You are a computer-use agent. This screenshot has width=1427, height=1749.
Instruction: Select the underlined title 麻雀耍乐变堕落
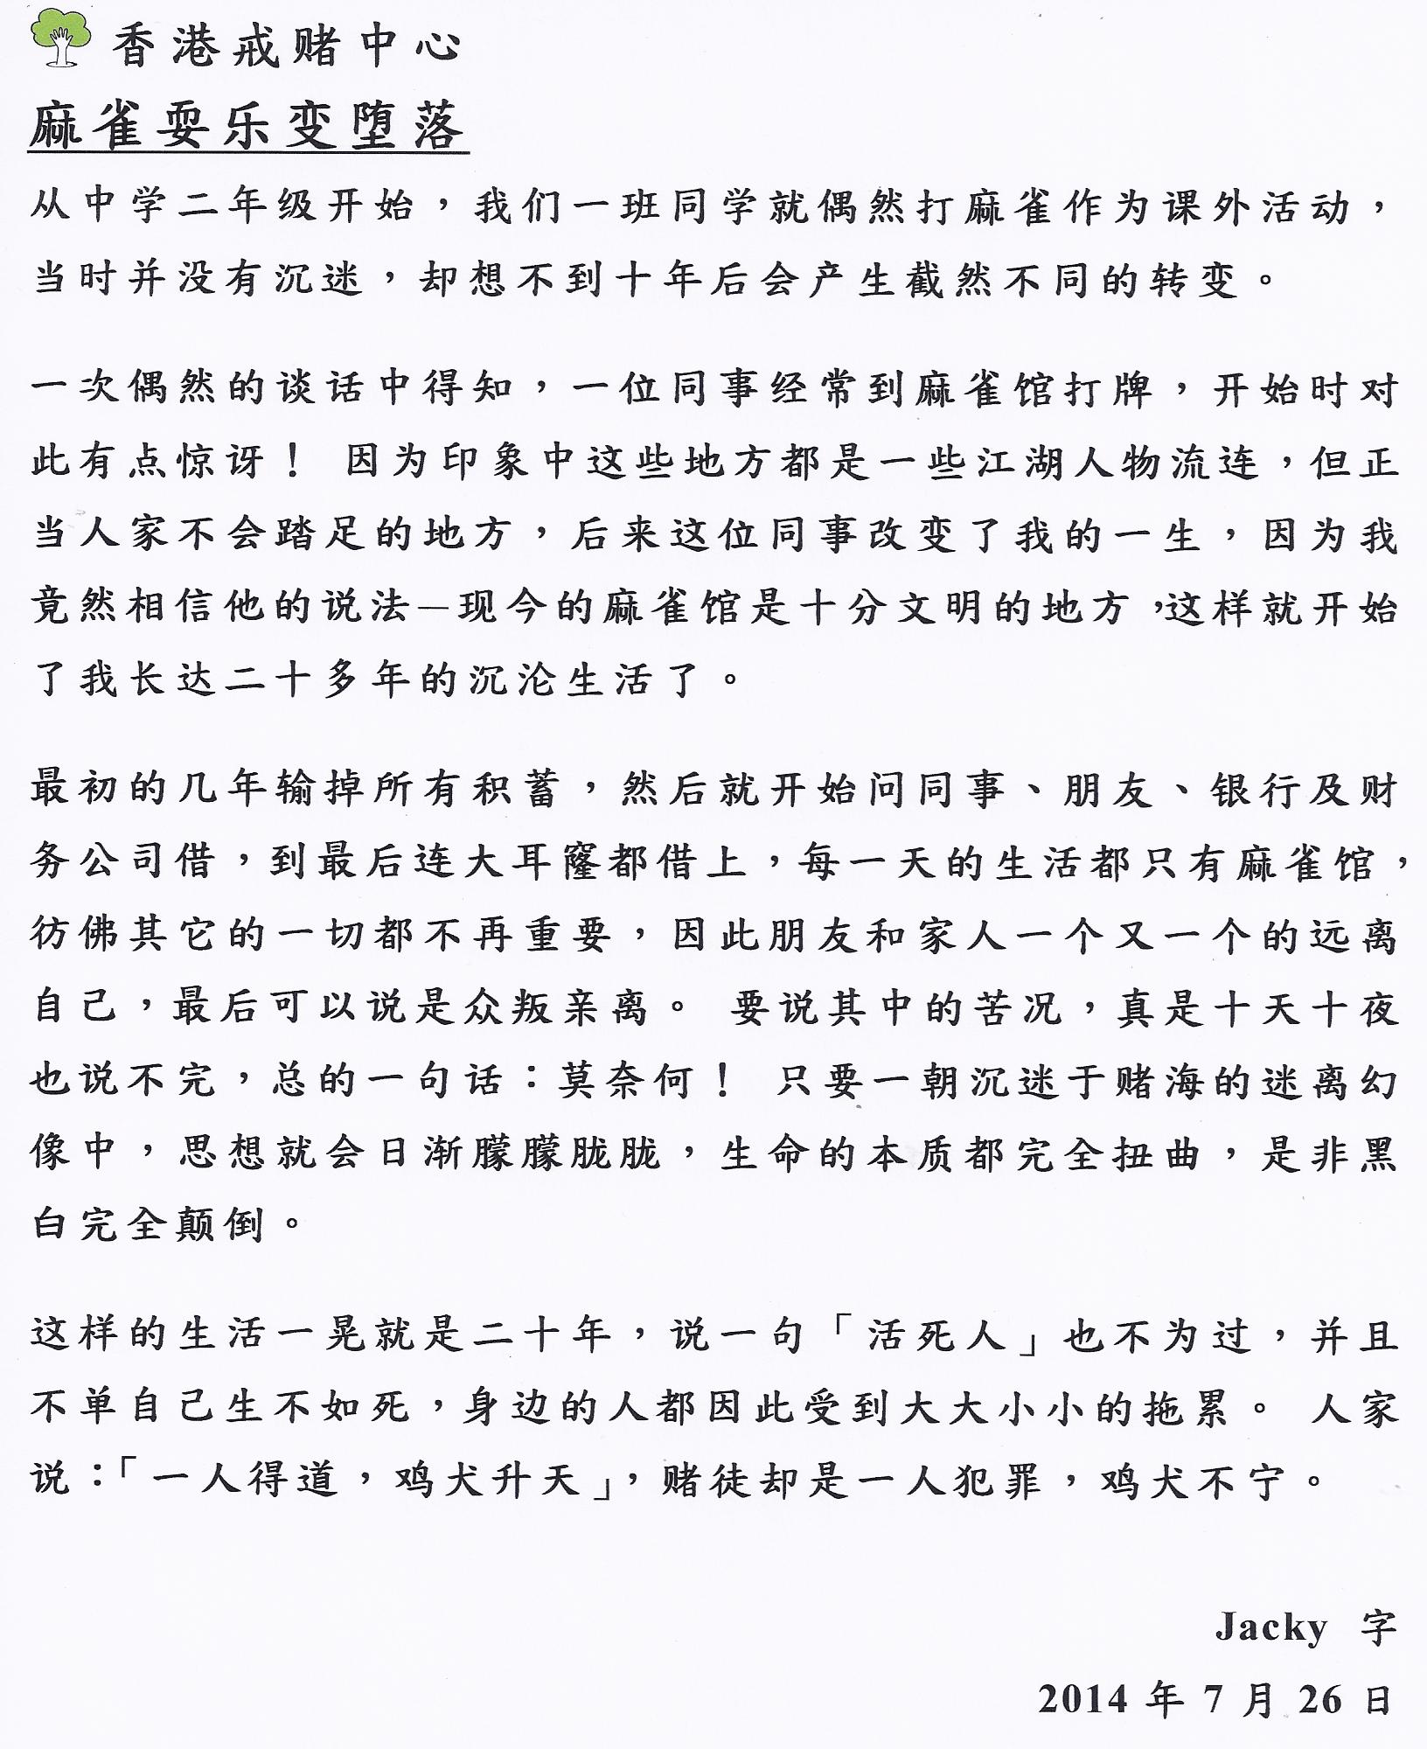point(247,128)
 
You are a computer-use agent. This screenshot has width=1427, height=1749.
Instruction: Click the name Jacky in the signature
point(1270,1627)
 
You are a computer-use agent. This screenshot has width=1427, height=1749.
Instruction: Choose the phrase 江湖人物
point(1065,462)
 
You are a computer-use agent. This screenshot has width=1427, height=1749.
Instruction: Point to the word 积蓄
point(516,791)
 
